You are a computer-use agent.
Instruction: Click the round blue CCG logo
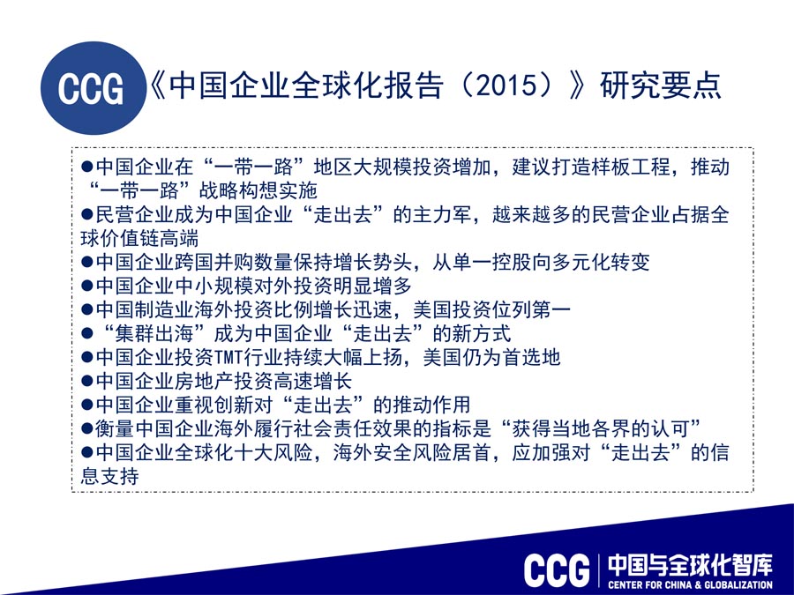click(94, 88)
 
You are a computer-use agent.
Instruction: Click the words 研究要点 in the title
click(661, 85)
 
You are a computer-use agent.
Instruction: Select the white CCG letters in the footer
click(557, 570)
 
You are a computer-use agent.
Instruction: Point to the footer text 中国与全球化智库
click(691, 566)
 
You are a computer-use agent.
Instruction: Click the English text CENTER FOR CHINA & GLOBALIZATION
click(691, 585)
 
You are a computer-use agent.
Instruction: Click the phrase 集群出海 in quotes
click(155, 334)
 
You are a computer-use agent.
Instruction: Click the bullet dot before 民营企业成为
click(86, 214)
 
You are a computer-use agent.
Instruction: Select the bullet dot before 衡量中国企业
click(86, 429)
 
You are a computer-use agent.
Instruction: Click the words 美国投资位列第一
click(491, 309)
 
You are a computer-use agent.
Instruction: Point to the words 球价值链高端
click(139, 238)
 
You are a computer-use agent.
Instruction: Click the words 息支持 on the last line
click(110, 477)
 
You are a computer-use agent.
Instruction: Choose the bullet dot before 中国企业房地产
click(86, 382)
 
